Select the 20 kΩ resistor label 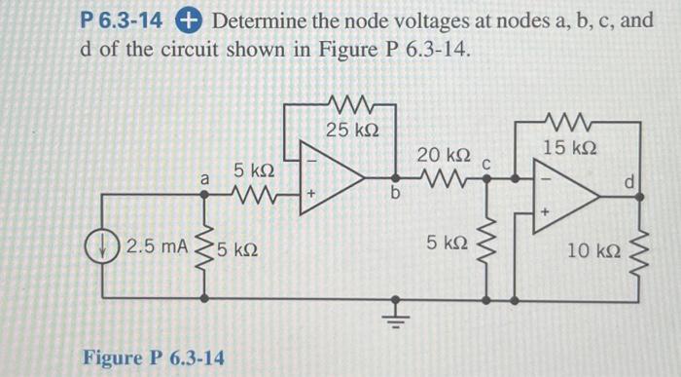click(x=444, y=156)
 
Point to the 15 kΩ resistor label click(x=570, y=147)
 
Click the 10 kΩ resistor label click(x=592, y=252)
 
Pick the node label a click(x=204, y=179)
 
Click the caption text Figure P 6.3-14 click(x=155, y=358)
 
